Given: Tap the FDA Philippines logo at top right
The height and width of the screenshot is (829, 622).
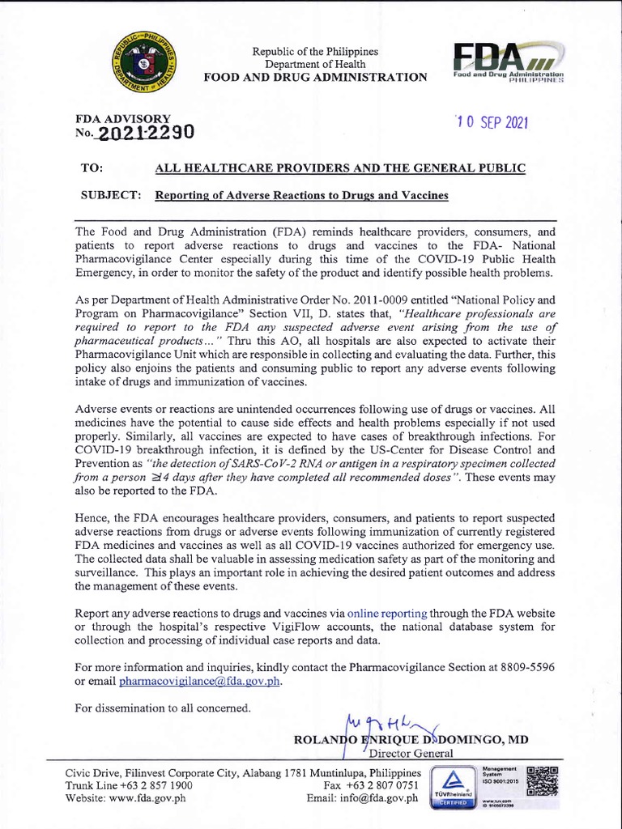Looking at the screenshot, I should pyautogui.click(x=509, y=63).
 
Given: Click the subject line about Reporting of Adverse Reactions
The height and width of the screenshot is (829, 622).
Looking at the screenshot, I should pyautogui.click(x=301, y=196).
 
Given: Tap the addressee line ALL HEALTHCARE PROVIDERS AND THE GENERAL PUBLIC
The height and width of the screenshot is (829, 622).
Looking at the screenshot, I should pyautogui.click(x=340, y=168).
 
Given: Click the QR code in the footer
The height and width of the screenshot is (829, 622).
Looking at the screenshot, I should pyautogui.click(x=542, y=780).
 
